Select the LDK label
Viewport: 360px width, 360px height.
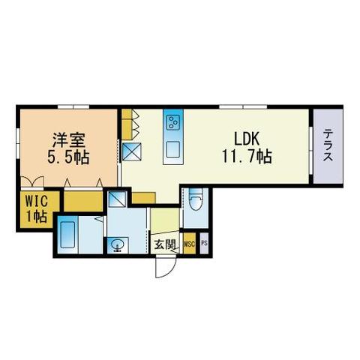coord(246,139)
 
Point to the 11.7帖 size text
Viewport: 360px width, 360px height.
coord(246,158)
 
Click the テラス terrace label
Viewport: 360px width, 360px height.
coord(328,146)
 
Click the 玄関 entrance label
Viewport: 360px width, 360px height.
coord(165,244)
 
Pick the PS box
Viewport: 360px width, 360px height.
coord(204,244)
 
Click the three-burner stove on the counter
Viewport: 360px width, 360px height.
coord(173,122)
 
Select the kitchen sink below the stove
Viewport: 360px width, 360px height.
coord(173,146)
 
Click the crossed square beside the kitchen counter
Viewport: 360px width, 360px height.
coord(133,152)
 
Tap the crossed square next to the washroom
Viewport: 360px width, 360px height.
coord(118,199)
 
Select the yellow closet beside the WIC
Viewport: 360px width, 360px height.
coord(82,201)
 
